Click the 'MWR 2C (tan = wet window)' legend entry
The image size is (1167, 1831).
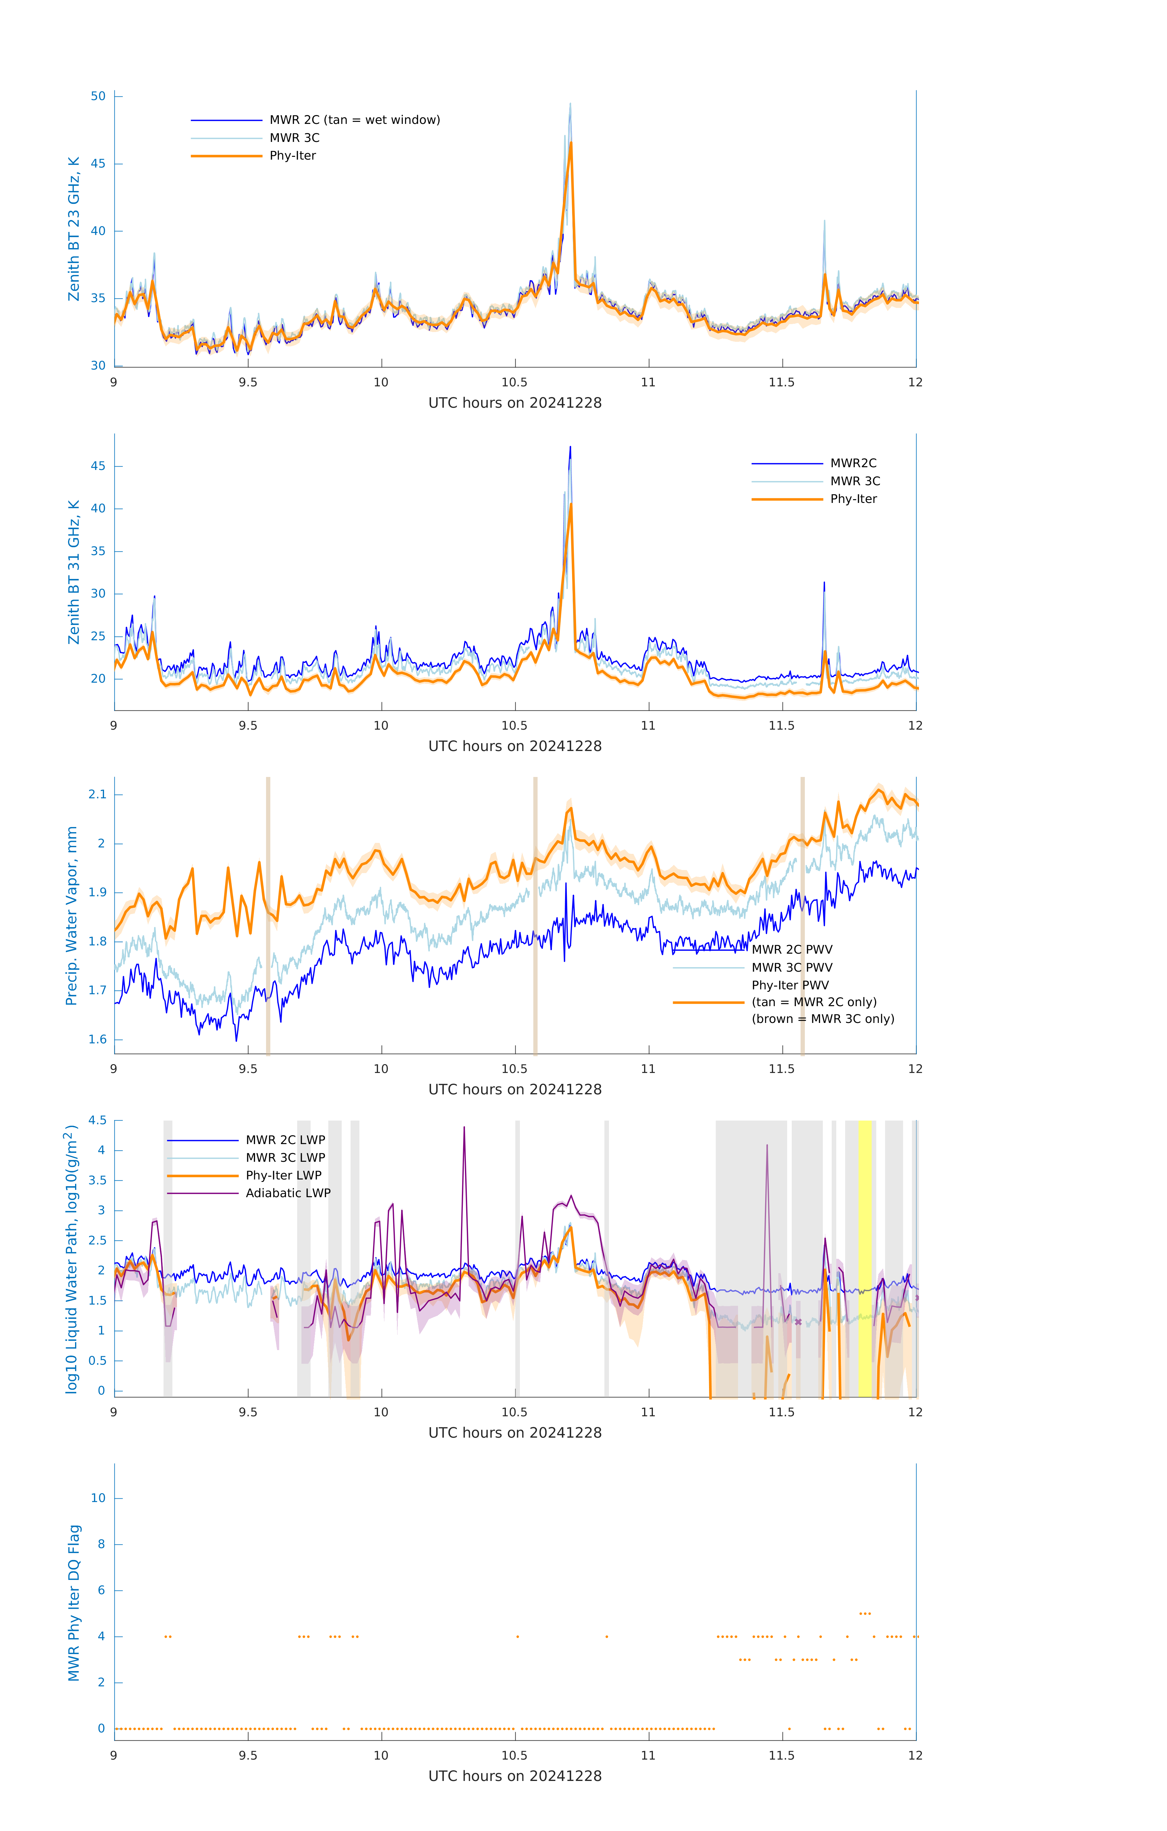(354, 120)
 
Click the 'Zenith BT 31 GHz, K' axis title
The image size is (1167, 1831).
(74, 572)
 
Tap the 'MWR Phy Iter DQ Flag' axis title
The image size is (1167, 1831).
(74, 1603)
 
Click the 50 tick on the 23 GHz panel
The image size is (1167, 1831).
(98, 96)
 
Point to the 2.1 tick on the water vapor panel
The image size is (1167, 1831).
(97, 795)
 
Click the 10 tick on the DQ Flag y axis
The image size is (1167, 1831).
(98, 1499)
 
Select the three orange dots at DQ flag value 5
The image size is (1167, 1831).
(864, 1613)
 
